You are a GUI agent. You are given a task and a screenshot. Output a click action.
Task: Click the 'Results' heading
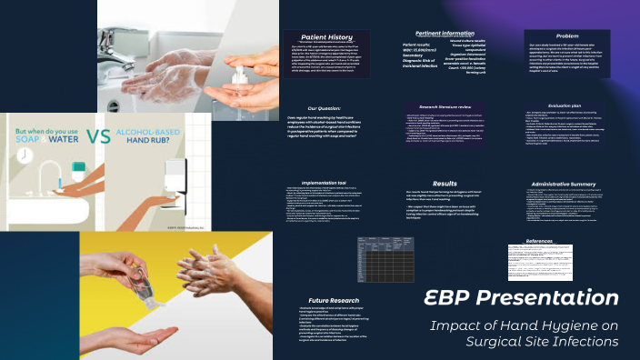point(445,184)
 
